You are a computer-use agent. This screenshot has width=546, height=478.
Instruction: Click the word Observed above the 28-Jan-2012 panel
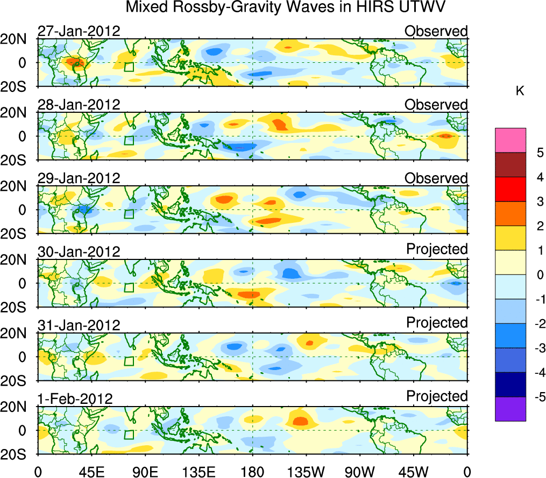click(436, 105)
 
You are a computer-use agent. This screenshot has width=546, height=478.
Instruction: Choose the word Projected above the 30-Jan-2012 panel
click(437, 249)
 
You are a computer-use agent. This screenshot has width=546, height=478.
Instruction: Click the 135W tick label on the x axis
click(306, 471)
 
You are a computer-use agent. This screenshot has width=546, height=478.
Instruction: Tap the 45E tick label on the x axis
click(91, 471)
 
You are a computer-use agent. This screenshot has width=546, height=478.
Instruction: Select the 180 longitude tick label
click(252, 471)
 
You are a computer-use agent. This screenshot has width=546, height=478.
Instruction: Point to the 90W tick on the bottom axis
click(360, 471)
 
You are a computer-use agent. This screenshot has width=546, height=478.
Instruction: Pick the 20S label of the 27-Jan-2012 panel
click(17, 86)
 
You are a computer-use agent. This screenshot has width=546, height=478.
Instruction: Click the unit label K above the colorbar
click(520, 92)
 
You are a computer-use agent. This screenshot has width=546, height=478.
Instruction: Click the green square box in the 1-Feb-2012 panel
click(129, 434)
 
